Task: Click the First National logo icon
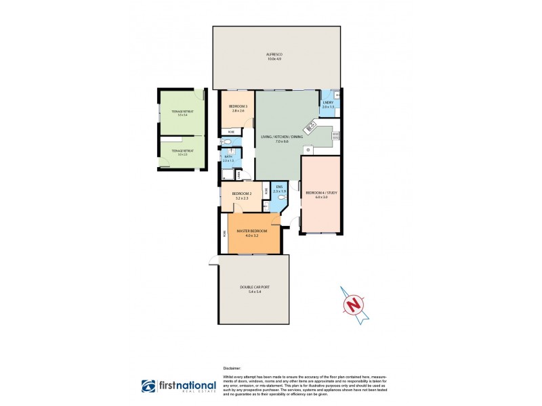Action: point(148,386)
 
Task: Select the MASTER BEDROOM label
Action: point(251,231)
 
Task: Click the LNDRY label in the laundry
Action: point(328,102)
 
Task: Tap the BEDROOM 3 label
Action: point(237,106)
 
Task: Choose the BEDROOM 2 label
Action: point(242,194)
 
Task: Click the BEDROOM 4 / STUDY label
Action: point(321,193)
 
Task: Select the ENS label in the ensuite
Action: point(279,187)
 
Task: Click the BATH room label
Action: point(228,156)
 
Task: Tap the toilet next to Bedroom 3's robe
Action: point(227,142)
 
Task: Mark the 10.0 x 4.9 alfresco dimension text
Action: point(274,59)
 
